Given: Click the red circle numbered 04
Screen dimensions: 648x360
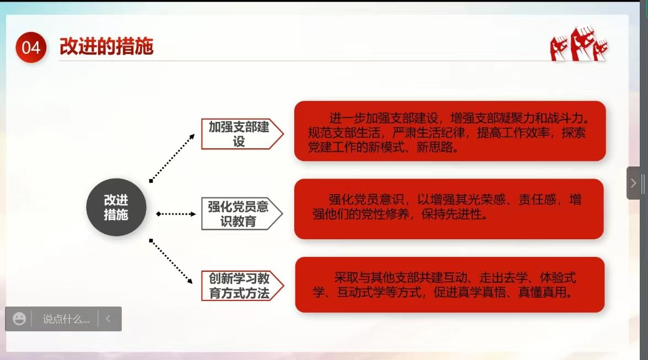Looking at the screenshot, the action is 31,47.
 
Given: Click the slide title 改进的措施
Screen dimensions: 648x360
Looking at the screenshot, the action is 107,46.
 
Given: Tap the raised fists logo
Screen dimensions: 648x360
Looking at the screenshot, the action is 579,44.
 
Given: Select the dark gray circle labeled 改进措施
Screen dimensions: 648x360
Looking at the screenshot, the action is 116,207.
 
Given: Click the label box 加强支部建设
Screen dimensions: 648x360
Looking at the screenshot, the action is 242,134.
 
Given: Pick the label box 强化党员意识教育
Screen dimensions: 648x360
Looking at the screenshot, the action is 242,214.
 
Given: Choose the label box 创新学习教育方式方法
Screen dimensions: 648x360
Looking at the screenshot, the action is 242,286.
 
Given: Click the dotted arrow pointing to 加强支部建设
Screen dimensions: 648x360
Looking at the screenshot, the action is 172,158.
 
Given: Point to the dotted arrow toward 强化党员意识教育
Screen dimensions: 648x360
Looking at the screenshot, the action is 176,214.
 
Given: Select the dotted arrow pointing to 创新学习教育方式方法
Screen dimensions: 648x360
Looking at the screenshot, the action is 171,261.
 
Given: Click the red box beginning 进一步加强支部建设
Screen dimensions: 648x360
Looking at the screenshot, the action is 450,131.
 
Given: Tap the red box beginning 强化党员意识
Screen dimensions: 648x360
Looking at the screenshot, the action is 449,209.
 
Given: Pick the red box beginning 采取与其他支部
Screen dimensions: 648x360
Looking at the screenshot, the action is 450,285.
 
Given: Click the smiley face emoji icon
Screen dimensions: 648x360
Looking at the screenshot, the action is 19,319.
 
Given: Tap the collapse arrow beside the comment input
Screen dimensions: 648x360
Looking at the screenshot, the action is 108,319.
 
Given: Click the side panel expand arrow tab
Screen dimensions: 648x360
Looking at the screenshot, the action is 633,183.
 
